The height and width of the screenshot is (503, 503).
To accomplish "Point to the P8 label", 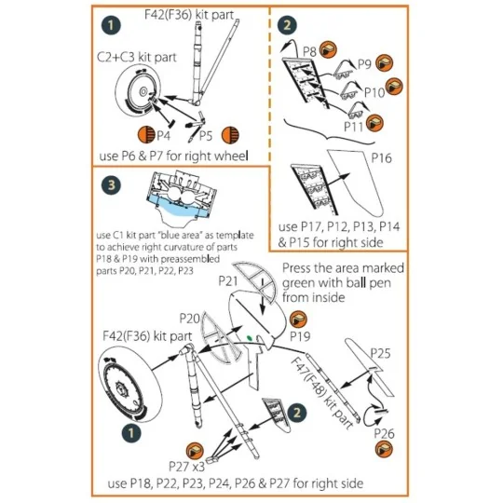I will [311, 48].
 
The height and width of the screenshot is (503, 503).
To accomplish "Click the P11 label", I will [354, 122].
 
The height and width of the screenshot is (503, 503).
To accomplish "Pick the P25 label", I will [381, 353].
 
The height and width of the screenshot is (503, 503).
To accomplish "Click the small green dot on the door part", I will [250, 335].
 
